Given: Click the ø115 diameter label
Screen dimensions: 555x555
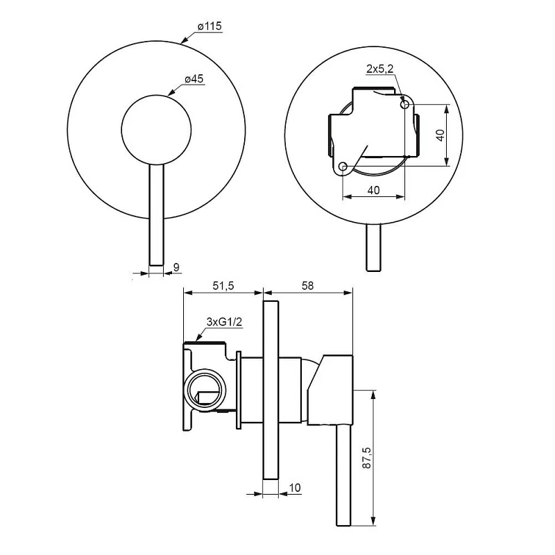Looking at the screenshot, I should pos(209,26).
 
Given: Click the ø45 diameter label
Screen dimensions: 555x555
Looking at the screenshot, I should pos(194,80).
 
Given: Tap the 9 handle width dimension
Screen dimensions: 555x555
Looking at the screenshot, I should pos(176,266).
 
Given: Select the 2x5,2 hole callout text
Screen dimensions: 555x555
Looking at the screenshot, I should pos(381,68).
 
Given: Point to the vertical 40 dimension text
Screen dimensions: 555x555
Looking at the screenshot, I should pos(438,135).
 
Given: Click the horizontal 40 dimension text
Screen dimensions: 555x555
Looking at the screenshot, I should pos(373,190).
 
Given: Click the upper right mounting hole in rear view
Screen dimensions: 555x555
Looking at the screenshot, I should pos(406,104).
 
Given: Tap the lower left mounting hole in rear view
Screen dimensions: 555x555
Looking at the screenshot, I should pos(343,166).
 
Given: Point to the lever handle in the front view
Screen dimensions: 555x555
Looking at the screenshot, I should pos(156,215).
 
